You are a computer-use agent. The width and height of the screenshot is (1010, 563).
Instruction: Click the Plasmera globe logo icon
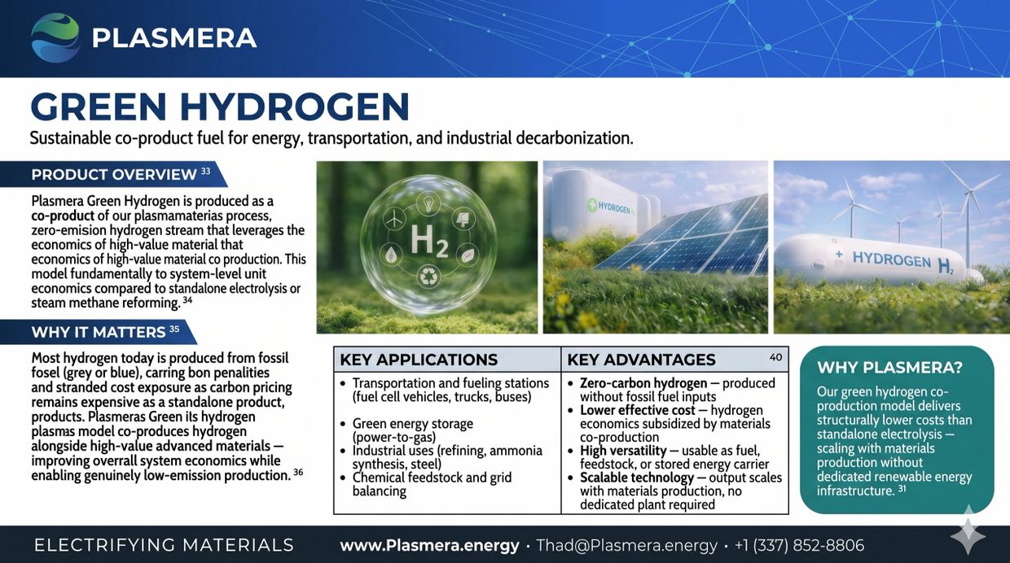55,37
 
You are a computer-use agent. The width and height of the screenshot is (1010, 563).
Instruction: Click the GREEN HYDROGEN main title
220,107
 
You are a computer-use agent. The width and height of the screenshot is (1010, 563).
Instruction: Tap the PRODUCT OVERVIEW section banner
114,174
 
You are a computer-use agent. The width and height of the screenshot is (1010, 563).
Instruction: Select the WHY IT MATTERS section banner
99,332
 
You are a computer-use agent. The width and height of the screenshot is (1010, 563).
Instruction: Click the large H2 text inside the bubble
428,242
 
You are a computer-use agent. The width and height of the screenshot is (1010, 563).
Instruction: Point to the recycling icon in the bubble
427,276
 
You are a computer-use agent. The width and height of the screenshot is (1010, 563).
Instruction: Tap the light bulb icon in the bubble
427,203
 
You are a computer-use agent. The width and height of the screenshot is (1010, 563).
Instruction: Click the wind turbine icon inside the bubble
393,218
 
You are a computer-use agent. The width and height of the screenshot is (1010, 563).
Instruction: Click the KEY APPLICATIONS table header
419,360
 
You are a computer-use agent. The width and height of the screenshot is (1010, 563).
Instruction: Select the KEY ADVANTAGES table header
641,360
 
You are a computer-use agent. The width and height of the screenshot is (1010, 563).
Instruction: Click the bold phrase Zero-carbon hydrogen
643,383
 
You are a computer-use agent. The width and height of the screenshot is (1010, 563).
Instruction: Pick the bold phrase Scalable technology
637,478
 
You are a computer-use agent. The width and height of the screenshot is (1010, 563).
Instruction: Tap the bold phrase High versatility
623,451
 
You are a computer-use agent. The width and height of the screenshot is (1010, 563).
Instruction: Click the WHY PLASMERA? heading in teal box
889,368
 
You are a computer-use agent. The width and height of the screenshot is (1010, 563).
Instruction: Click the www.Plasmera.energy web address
430,545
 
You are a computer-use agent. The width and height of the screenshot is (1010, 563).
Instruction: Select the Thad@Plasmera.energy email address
626,545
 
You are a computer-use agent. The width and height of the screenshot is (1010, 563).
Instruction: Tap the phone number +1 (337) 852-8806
799,545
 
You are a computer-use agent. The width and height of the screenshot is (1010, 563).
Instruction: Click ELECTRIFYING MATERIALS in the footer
165,545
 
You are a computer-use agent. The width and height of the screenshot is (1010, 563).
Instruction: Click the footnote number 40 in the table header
775,357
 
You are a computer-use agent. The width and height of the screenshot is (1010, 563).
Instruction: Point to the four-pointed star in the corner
968,536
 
